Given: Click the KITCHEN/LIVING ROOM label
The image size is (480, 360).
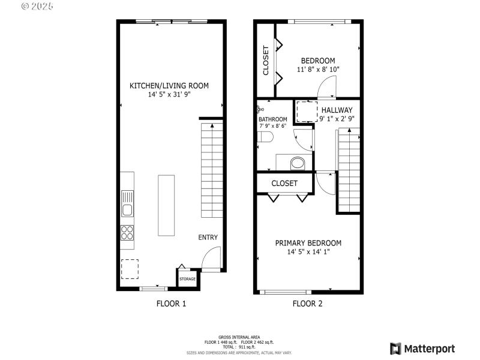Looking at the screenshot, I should (x=169, y=86).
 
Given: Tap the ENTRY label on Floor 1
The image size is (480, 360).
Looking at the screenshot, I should (x=208, y=238).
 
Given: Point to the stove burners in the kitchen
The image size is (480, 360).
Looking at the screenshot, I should (x=127, y=232).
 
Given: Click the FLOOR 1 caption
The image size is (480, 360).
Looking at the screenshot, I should (x=172, y=304).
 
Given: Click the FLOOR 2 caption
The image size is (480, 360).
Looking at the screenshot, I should (x=308, y=304).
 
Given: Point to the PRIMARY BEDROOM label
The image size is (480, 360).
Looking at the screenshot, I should (x=308, y=243).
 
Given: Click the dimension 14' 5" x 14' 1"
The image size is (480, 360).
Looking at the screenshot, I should (x=308, y=252).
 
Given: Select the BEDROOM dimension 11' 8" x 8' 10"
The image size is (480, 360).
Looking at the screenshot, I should (x=317, y=70).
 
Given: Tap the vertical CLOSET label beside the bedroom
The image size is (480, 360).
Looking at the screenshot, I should (x=266, y=61).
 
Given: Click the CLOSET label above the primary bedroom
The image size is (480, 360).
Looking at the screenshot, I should (x=284, y=183).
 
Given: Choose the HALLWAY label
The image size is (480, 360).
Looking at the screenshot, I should (x=337, y=110).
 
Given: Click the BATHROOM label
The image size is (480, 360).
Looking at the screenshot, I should (x=272, y=119).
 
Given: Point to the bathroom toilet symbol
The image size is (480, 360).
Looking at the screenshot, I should (x=265, y=138).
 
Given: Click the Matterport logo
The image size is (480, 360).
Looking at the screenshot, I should (x=422, y=349).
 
